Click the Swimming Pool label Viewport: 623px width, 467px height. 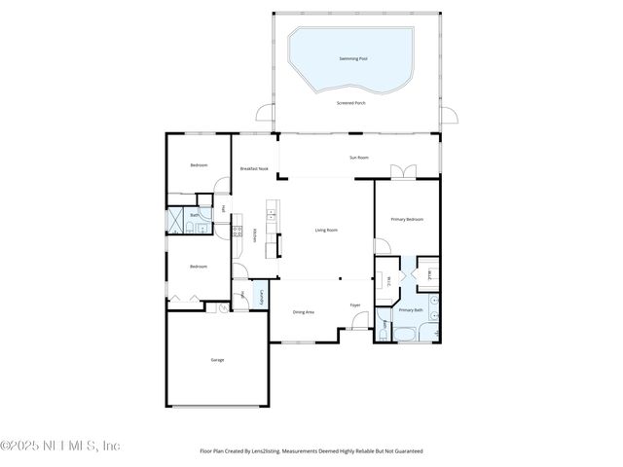coord(353,59)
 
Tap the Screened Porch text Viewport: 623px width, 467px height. coord(352,102)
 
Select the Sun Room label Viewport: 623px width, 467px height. coord(359,158)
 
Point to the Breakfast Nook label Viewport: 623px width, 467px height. coord(254,169)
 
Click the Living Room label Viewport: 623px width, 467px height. coord(326,231)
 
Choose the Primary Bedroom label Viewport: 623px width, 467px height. coord(407,220)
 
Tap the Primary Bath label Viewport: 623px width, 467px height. coord(410,310)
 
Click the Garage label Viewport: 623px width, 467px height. coord(217,360)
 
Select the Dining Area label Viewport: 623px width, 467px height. coord(304,312)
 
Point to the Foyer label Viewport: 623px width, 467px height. coord(355,305)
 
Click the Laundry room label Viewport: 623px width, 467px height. coord(261,296)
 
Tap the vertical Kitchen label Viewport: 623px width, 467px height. coord(255,235)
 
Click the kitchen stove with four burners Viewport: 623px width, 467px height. coord(238,231)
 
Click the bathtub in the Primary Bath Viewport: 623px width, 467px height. coord(404,335)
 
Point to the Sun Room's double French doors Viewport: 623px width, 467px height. coord(404,172)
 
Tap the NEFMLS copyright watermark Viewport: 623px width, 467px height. coord(60,446)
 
